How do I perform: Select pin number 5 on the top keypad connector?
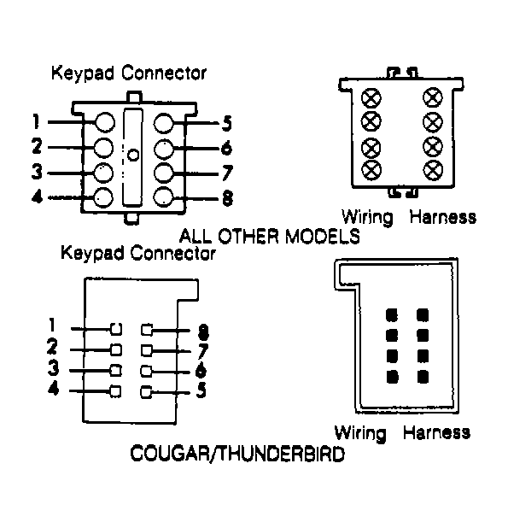225,122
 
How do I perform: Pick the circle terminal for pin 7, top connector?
166,173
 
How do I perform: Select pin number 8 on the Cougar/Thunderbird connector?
203,331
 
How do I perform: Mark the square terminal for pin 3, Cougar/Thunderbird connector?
114,371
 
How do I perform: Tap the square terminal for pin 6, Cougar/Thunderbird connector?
147,371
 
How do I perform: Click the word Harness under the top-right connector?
442,216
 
